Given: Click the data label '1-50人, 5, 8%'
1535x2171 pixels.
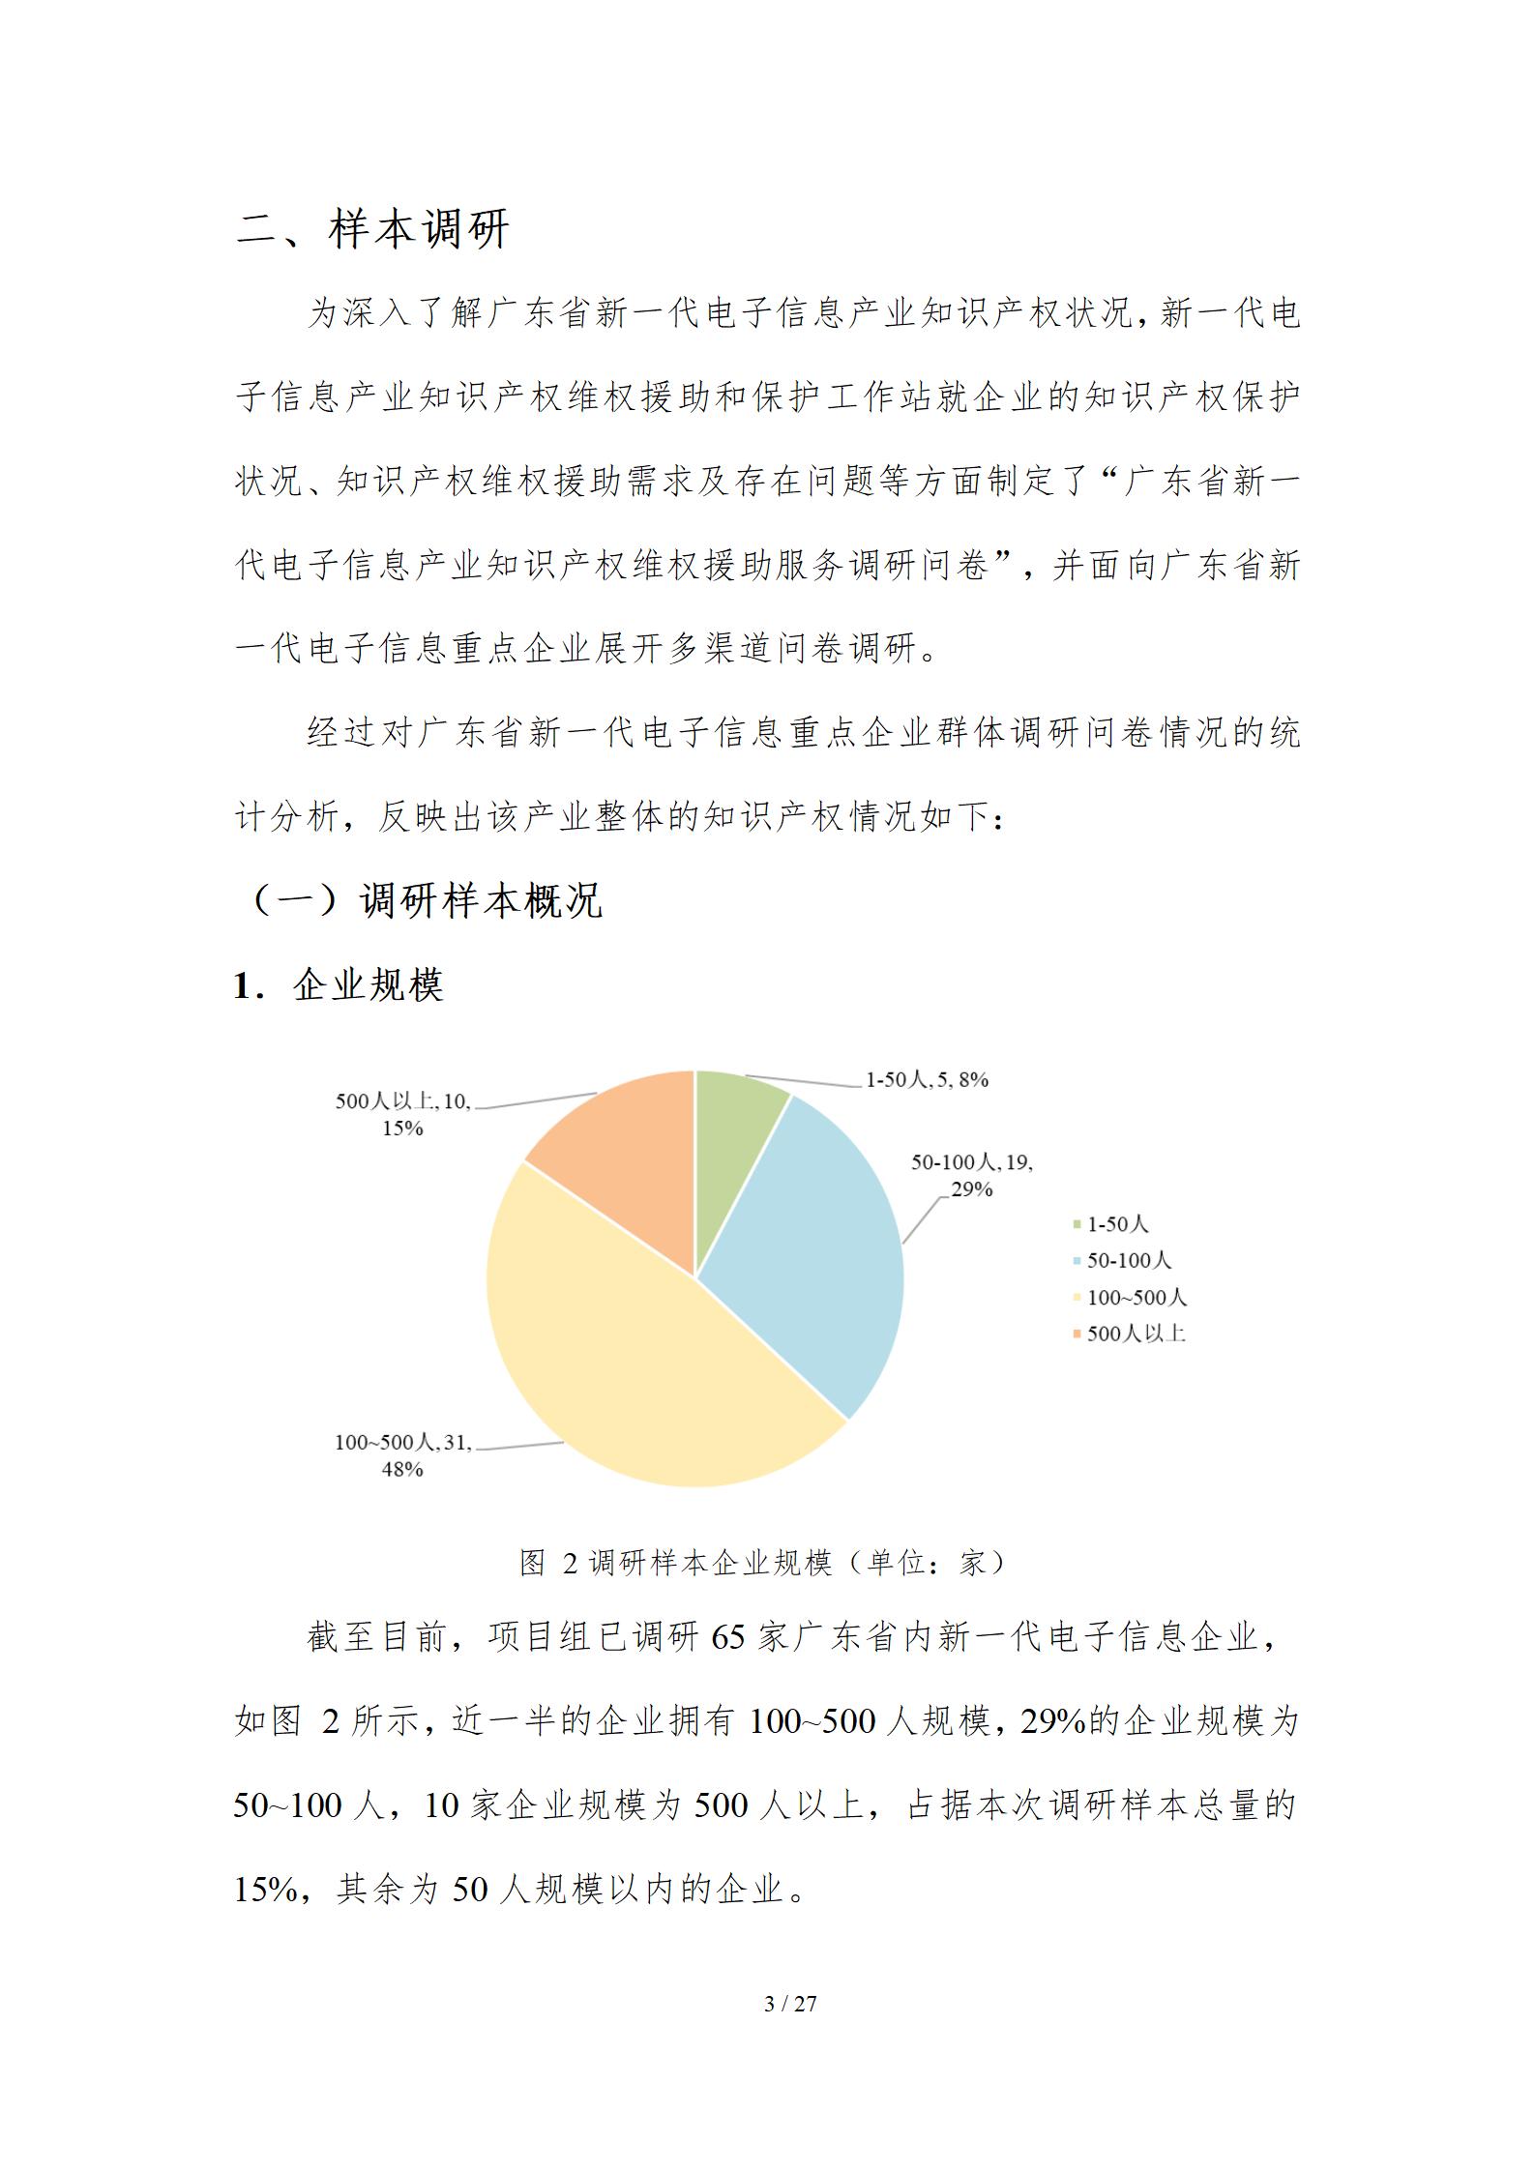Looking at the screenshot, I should [926, 1080].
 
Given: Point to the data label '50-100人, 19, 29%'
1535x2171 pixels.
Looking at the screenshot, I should [971, 1175].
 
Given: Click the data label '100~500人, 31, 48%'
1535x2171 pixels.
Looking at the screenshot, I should [402, 1455].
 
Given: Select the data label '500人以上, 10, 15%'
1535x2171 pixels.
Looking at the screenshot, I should [402, 1114].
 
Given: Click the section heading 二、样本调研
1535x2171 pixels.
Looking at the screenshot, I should [372, 230].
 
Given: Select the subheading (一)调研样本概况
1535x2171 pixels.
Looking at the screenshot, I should [426, 900].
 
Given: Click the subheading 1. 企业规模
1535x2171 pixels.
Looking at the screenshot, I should [339, 985].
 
